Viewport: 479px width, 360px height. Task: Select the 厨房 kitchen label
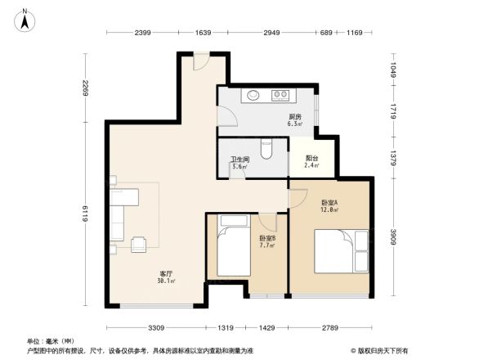point(295,117)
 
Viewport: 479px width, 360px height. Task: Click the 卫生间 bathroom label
point(240,160)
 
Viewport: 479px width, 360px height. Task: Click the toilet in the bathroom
point(265,150)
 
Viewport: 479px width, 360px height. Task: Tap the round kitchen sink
point(253,95)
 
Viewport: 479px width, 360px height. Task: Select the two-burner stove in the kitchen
point(282,95)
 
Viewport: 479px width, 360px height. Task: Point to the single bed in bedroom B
point(233,249)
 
